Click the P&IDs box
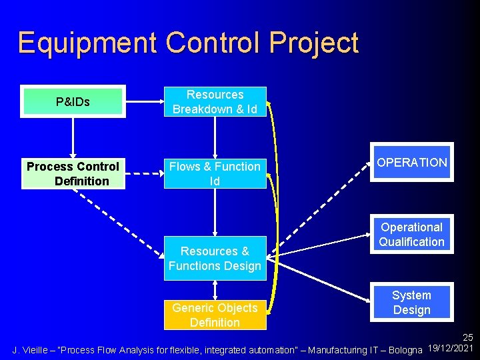pyautogui.click(x=73, y=102)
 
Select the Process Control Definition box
pyautogui.click(x=73, y=173)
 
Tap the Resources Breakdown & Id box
pyautogui.click(x=215, y=102)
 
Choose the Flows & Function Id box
pyautogui.click(x=215, y=173)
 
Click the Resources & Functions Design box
pyautogui.click(x=215, y=259)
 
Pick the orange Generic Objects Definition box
pyautogui.click(x=215, y=315)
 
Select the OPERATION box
pyautogui.click(x=411, y=162)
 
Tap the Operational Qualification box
pyautogui.click(x=411, y=235)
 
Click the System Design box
pyautogui.click(x=411, y=303)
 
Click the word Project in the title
pyautogui.click(x=314, y=43)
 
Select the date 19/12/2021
pyautogui.click(x=451, y=349)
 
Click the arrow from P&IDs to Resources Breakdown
pyautogui.click(x=144, y=102)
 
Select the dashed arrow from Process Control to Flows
pyautogui.click(x=144, y=175)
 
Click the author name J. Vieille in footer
pyautogui.click(x=31, y=349)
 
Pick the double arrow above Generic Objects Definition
pyautogui.click(x=215, y=288)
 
